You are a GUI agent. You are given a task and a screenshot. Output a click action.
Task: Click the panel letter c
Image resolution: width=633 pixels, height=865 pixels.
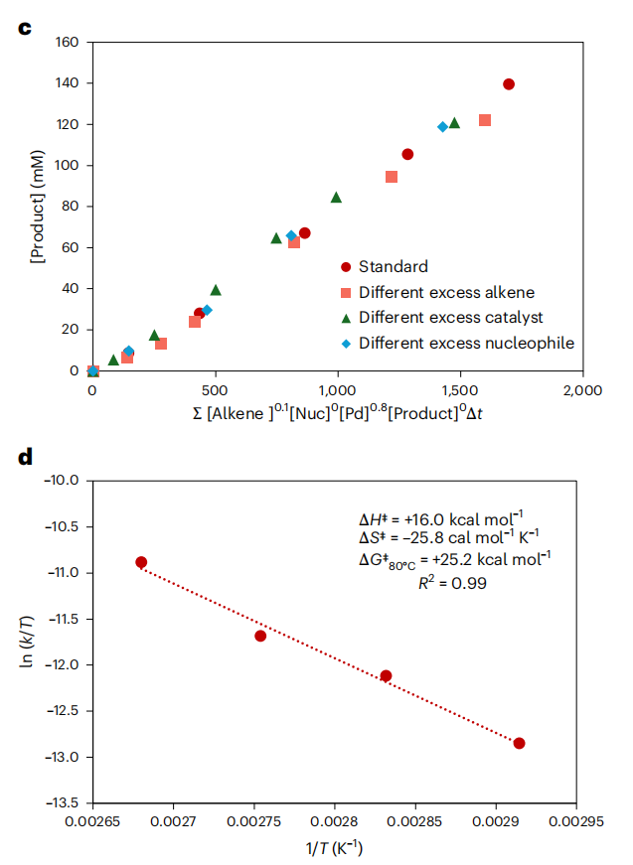coord(25,27)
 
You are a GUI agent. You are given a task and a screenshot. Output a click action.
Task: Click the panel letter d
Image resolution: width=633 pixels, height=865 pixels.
coord(25,458)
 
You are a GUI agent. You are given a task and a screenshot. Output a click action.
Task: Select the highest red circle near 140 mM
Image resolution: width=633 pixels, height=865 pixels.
coord(509,84)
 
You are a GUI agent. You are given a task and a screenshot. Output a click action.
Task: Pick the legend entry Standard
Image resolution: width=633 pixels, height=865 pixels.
coord(394,266)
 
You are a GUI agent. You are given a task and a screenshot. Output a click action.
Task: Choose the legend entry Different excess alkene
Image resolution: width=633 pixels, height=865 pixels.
coord(447,292)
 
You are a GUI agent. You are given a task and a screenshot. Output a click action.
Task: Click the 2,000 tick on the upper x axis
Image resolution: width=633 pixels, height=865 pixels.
coord(582,389)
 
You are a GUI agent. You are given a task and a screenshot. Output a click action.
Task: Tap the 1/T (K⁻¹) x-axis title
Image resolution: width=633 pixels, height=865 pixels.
coord(333,850)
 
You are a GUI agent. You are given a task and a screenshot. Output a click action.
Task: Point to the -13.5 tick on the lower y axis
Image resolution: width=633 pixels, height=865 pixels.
coord(63,802)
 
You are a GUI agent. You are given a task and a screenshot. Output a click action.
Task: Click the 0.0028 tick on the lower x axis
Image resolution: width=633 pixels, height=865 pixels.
coord(334,820)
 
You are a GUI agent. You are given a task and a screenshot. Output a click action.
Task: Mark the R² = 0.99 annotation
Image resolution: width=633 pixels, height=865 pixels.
coord(452,584)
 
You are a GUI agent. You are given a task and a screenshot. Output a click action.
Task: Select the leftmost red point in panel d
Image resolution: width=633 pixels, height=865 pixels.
coord(141,562)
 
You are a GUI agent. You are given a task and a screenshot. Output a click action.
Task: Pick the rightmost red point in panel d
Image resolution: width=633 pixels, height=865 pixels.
coord(519,743)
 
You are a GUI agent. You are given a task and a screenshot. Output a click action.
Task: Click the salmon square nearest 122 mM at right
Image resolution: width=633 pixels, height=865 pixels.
coord(485,120)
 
